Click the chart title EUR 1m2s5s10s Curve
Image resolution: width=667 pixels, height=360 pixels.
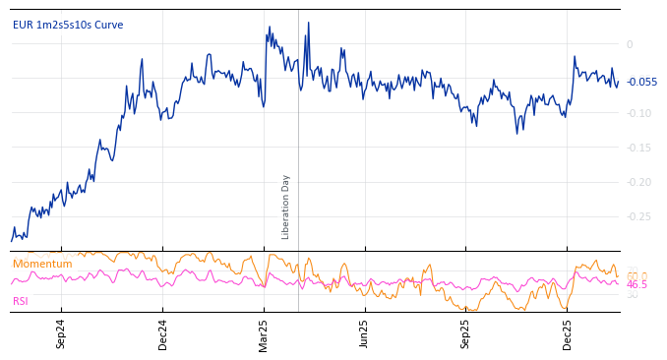point(68,26)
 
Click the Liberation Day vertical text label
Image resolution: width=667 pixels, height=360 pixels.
point(286,207)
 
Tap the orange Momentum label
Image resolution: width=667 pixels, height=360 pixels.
point(42,265)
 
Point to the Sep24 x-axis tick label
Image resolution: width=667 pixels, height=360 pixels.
point(61,333)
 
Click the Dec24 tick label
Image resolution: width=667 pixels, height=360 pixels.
point(163,333)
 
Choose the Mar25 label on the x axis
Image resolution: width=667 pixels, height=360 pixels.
point(264,333)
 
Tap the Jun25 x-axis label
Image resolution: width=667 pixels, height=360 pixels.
point(365,333)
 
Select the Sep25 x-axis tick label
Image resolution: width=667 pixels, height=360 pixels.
point(466,333)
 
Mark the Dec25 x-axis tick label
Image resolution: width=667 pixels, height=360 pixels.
point(568,333)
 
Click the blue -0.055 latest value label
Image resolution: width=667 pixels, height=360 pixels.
point(641,83)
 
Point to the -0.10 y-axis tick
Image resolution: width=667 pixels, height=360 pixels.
point(637,113)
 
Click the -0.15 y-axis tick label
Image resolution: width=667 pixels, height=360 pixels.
point(637,148)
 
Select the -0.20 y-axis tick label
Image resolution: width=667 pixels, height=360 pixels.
point(637,182)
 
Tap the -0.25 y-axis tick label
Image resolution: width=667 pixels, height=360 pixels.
point(637,216)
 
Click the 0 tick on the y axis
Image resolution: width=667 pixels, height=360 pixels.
point(630,44)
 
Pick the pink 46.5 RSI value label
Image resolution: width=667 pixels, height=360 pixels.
point(637,285)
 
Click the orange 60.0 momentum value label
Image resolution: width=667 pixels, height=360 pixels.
point(637,275)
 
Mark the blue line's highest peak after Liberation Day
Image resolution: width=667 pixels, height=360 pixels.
point(308,23)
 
